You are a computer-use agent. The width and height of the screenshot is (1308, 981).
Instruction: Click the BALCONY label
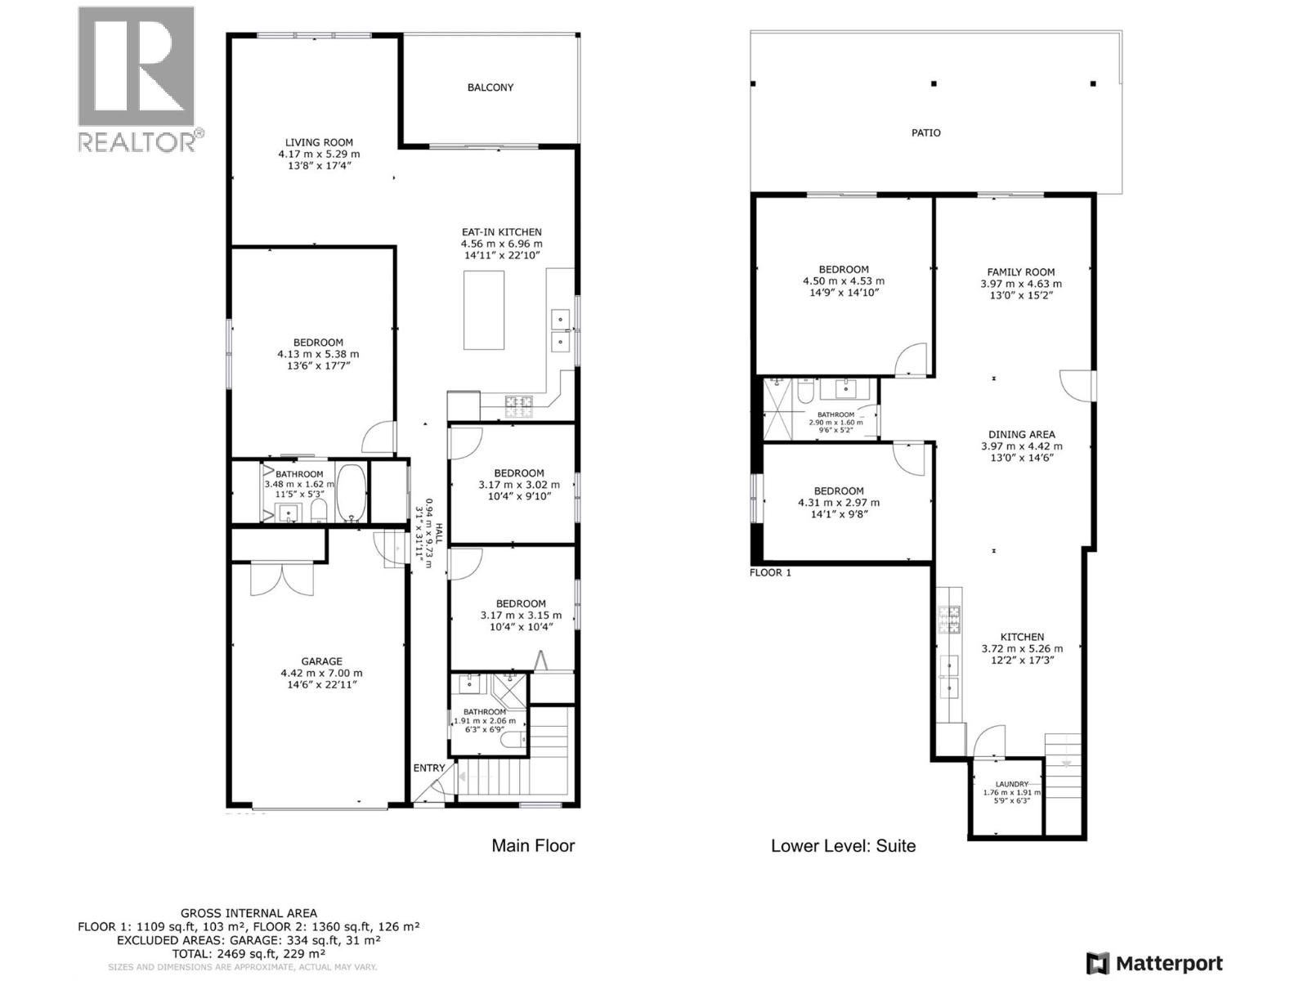pos(490,87)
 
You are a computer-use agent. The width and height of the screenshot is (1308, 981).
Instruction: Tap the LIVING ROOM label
pos(319,142)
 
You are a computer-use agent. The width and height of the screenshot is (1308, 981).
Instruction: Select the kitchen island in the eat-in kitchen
pos(484,310)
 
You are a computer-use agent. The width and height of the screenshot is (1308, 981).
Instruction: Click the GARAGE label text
pos(321,661)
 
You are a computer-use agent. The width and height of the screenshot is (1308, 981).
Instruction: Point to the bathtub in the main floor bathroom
pos(352,493)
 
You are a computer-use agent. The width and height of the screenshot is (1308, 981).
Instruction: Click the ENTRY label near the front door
pos(428,768)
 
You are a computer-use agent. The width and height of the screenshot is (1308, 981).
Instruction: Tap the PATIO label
pos(925,132)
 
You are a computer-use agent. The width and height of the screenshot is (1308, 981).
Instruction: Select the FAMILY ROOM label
pos(1020,272)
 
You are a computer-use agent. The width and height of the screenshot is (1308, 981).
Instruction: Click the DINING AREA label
pos(1021,435)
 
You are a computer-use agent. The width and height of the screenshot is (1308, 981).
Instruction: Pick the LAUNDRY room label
pos(1011,784)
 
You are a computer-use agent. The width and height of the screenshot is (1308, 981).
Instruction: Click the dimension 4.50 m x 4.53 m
pos(844,281)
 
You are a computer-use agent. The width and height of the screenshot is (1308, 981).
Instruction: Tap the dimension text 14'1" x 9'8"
pos(839,514)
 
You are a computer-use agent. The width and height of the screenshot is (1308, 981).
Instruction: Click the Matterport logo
pos(1154,963)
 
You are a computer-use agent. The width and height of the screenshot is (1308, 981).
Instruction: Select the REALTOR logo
pos(137,80)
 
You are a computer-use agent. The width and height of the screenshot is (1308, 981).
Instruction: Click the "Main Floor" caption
pos(533,846)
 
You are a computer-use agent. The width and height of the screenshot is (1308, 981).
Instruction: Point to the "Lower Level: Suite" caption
pos(843,846)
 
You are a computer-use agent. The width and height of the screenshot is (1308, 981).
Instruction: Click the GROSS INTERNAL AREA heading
pos(249,913)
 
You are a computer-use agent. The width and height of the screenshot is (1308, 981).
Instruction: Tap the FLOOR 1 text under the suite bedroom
pos(770,573)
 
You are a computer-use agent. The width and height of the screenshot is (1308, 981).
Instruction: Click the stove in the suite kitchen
pos(950,619)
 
